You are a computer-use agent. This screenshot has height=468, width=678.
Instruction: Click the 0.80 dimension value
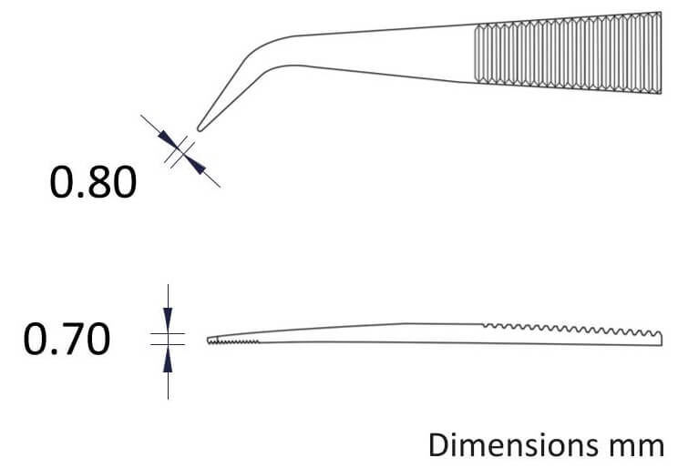[x=93, y=182]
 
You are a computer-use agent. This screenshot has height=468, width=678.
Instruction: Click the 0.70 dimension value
[x=67, y=340]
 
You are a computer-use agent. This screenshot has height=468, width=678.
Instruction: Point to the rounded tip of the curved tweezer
[x=200, y=127]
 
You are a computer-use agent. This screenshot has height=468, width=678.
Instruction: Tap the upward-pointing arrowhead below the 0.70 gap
[x=168, y=359]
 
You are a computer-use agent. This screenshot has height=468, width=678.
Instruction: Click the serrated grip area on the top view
[x=568, y=53]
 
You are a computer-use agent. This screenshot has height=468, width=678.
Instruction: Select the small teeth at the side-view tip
[x=233, y=341]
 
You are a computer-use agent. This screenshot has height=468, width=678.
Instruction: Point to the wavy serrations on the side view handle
[x=571, y=330]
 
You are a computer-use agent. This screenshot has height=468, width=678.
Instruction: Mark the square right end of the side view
[x=661, y=340]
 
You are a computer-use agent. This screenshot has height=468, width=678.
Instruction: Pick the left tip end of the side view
[x=208, y=341]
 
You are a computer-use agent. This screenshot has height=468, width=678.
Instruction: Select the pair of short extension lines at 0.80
[x=179, y=152]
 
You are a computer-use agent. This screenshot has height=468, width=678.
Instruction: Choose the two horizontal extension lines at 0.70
[x=168, y=340]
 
